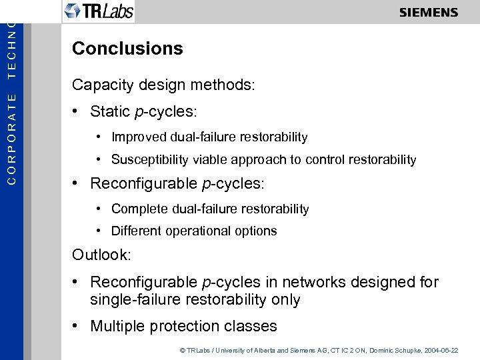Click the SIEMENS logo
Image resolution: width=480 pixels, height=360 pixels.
point(429,12)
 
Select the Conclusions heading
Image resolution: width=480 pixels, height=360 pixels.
point(127,49)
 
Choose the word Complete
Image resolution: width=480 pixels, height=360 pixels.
point(140,209)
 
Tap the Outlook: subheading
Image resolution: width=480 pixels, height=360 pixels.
point(102,255)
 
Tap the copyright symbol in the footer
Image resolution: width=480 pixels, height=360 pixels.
point(182,350)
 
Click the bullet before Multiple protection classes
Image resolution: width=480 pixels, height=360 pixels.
point(77,326)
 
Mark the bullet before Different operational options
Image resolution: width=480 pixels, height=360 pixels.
point(97,231)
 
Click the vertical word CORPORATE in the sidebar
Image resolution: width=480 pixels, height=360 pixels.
point(11,138)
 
